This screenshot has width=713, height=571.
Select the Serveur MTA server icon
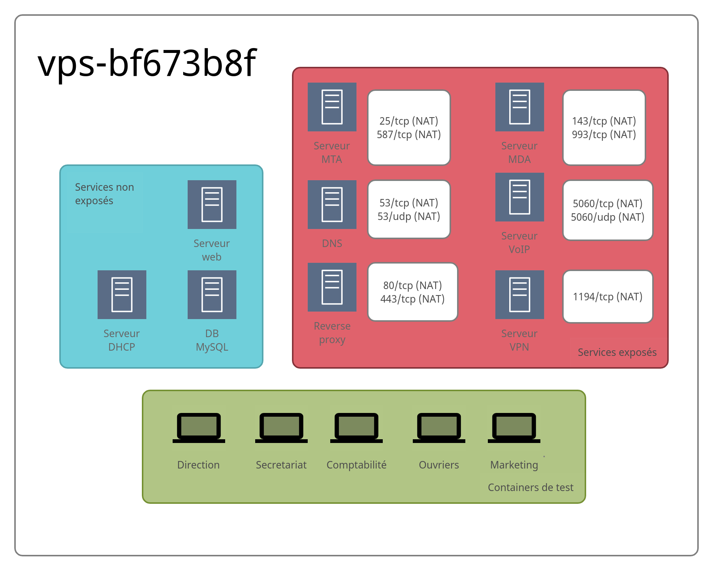[332, 107]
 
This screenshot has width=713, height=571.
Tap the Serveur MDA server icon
[520, 107]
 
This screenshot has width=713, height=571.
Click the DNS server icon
[332, 205]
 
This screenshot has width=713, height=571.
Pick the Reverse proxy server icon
[332, 287]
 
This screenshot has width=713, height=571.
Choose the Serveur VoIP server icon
[520, 197]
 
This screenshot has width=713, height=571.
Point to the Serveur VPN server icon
[520, 295]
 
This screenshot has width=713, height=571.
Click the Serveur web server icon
[212, 205]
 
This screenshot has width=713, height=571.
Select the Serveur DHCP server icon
[122, 295]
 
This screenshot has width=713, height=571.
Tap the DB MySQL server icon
[212, 295]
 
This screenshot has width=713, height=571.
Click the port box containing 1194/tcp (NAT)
[608, 297]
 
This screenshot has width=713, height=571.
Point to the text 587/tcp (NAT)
[409, 135]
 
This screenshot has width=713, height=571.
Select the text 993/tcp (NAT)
[604, 135]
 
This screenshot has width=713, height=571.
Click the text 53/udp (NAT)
[409, 217]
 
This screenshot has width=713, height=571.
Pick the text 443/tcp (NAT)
[412, 299]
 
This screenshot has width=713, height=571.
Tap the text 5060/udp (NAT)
[608, 217]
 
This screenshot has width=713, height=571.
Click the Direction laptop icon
[199, 428]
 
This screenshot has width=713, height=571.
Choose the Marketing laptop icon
[514, 428]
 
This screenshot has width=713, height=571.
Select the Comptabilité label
[356, 465]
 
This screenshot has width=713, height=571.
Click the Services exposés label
[617, 353]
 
